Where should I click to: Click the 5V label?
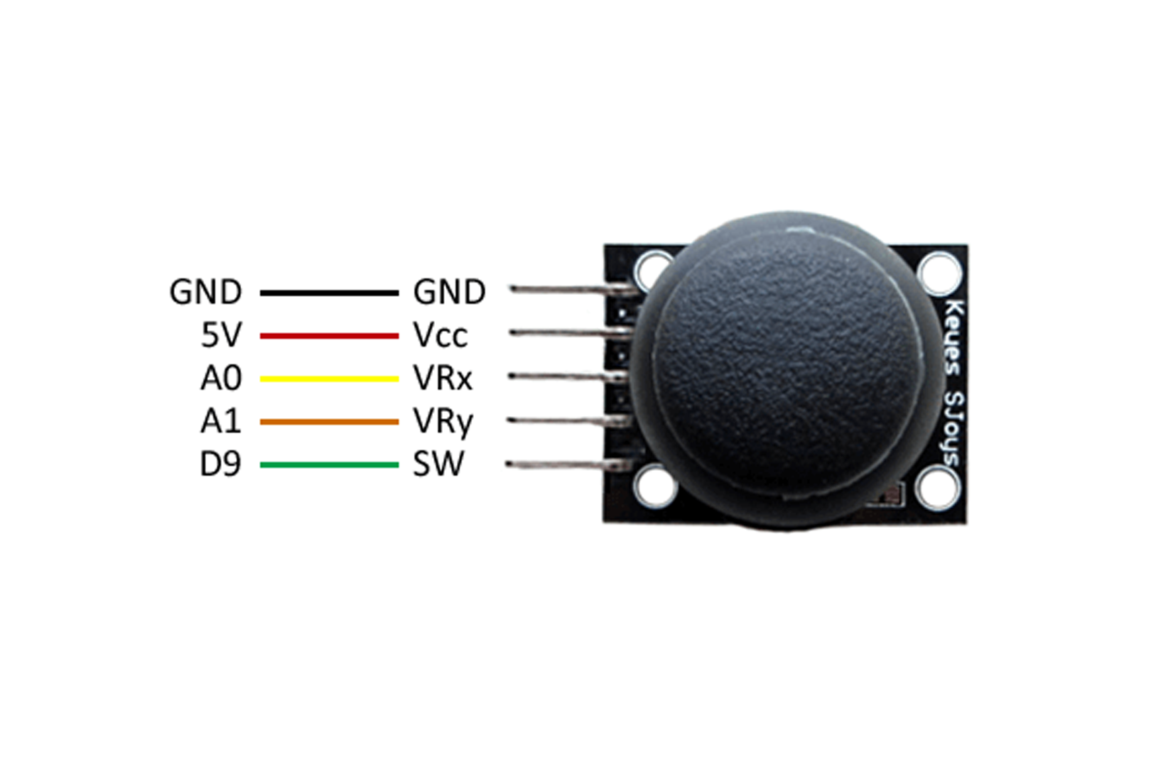coord(221,335)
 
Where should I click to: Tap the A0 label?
coord(221,379)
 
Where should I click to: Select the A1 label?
coord(221,422)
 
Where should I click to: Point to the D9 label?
coord(220,464)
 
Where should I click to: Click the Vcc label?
coord(441,335)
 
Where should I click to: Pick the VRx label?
coord(443,379)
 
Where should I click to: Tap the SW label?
coord(438,464)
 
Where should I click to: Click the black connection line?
coord(329,293)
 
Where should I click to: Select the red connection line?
coord(329,336)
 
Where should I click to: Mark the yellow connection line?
coord(329,379)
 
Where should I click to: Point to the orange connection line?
coord(329,422)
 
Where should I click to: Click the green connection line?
coord(329,465)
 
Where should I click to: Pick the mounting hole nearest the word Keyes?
coord(939,273)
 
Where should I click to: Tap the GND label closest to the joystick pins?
coord(449,292)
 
